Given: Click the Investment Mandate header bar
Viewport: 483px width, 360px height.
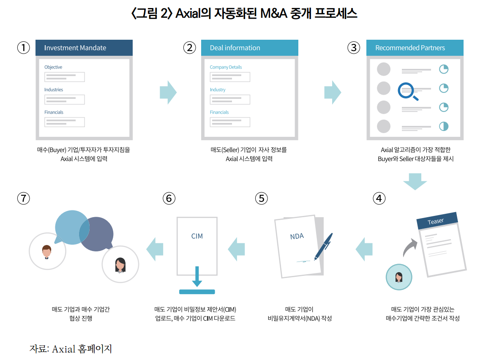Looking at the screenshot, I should click(x=84, y=48).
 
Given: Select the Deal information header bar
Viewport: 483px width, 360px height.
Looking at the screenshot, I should click(x=249, y=48).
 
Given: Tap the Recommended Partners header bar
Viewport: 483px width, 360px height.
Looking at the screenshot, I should click(x=415, y=48).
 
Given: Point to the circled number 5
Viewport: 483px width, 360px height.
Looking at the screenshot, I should click(x=262, y=198).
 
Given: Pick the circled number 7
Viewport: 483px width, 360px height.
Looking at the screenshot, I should click(x=23, y=198).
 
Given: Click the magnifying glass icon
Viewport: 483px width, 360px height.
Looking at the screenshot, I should click(x=407, y=91).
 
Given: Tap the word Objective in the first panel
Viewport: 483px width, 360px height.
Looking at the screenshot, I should click(x=53, y=67).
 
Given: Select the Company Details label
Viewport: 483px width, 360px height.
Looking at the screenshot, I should click(x=226, y=67).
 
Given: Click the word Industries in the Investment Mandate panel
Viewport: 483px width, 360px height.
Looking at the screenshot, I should click(x=54, y=90).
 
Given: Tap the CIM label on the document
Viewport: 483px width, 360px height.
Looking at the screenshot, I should click(x=197, y=236).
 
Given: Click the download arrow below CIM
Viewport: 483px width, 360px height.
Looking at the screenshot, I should click(x=197, y=277).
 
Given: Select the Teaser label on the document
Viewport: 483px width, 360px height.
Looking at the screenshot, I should click(x=436, y=221).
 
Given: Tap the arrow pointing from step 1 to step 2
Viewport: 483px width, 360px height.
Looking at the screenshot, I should click(x=168, y=92).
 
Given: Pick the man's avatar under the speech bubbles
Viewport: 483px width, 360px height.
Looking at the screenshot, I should click(x=47, y=251).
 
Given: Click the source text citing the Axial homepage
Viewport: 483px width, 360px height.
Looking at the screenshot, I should click(x=71, y=349).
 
